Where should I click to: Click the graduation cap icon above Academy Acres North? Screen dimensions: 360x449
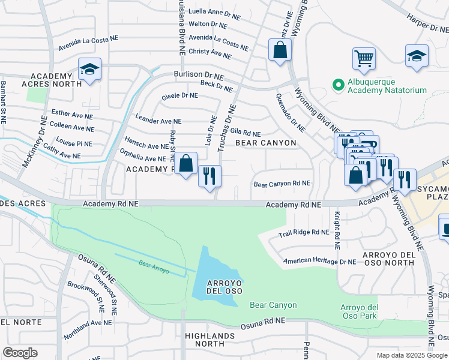click(x=89, y=70)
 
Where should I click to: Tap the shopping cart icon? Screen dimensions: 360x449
click(x=364, y=59)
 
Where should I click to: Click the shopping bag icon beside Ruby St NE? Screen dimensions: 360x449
click(x=187, y=163)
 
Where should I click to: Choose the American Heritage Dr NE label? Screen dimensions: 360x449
click(x=320, y=261)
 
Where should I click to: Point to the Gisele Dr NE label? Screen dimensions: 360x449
click(x=180, y=95)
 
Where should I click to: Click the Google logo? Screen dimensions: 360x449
click(x=20, y=353)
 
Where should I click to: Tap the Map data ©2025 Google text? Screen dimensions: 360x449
click(x=411, y=355)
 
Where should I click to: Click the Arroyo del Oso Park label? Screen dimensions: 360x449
click(x=359, y=312)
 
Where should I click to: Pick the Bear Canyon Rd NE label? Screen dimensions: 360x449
click(x=282, y=184)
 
